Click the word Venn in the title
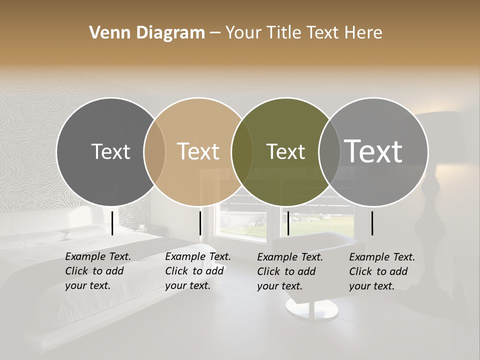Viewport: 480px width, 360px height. (x=106, y=33)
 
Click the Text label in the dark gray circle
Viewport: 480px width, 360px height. (x=110, y=151)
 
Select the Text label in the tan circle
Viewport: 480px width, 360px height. (x=198, y=151)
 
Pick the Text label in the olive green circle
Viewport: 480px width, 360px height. (x=285, y=151)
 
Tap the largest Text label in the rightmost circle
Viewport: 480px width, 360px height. (x=373, y=151)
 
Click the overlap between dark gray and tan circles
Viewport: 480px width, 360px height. (x=154, y=151)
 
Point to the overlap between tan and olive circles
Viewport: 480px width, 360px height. (x=242, y=151)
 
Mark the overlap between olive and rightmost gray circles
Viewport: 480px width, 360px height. (x=329, y=151)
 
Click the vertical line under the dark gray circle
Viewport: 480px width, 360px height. (x=112, y=223)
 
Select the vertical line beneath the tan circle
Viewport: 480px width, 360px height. (x=200, y=223)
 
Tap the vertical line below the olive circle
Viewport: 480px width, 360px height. (x=288, y=223)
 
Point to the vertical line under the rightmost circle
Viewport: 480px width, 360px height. (x=372, y=223)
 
